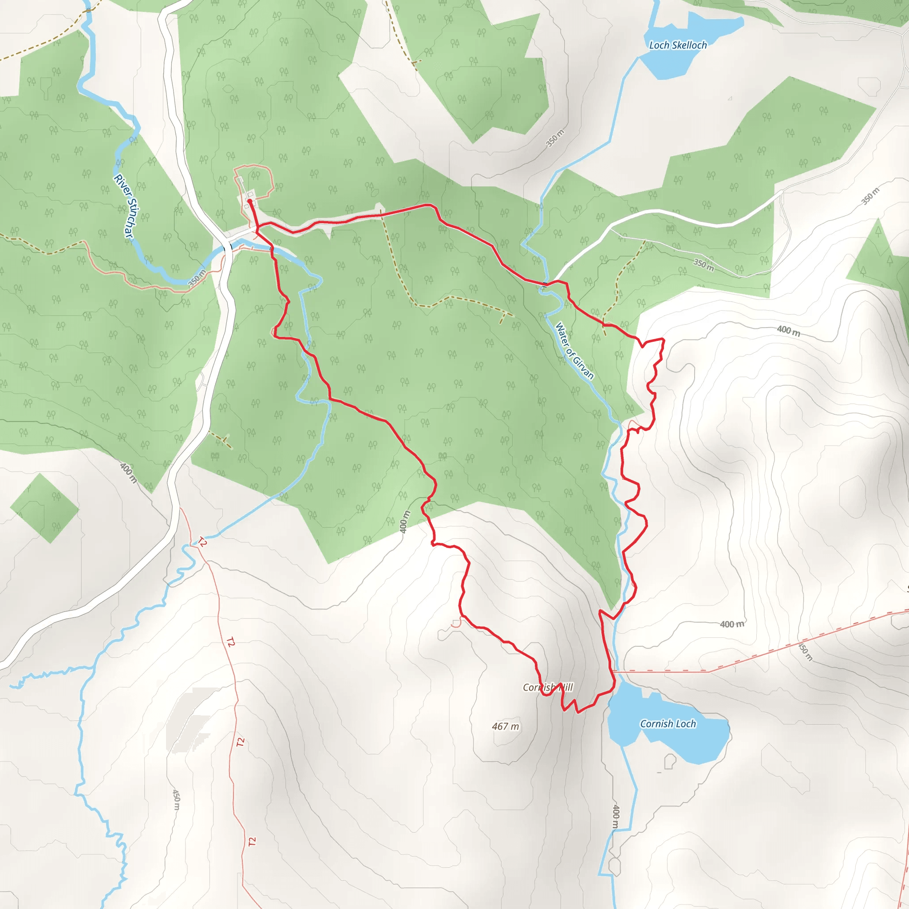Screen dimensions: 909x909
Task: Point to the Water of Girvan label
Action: coord(574,351)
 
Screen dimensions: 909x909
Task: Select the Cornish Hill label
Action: coord(548,688)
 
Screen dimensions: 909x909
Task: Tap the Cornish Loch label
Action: coord(668,723)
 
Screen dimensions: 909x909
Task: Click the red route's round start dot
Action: coord(249,202)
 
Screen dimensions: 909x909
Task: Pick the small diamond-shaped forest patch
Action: coord(45,509)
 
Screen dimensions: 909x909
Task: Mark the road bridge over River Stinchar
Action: coord(229,245)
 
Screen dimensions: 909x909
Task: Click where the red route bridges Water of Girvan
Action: coord(544,284)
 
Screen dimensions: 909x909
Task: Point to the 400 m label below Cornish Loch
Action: coord(616,816)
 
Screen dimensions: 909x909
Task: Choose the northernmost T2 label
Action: coord(202,542)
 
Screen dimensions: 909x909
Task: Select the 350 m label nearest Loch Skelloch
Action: coord(555,138)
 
